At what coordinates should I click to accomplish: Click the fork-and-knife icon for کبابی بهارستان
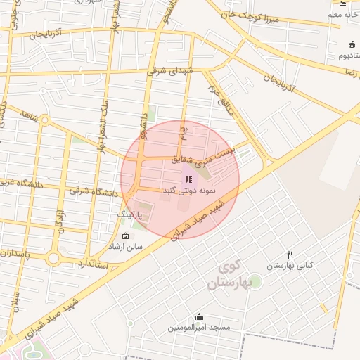290,255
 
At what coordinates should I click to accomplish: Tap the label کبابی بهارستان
288,266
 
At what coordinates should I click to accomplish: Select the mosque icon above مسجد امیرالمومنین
199,316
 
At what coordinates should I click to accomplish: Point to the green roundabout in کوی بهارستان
255,281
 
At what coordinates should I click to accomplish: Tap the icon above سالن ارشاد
126,236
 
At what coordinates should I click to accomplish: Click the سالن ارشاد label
124,247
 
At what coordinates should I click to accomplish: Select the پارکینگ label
129,212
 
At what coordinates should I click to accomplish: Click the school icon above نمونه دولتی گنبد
187,179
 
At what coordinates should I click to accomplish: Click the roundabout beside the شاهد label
45,120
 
